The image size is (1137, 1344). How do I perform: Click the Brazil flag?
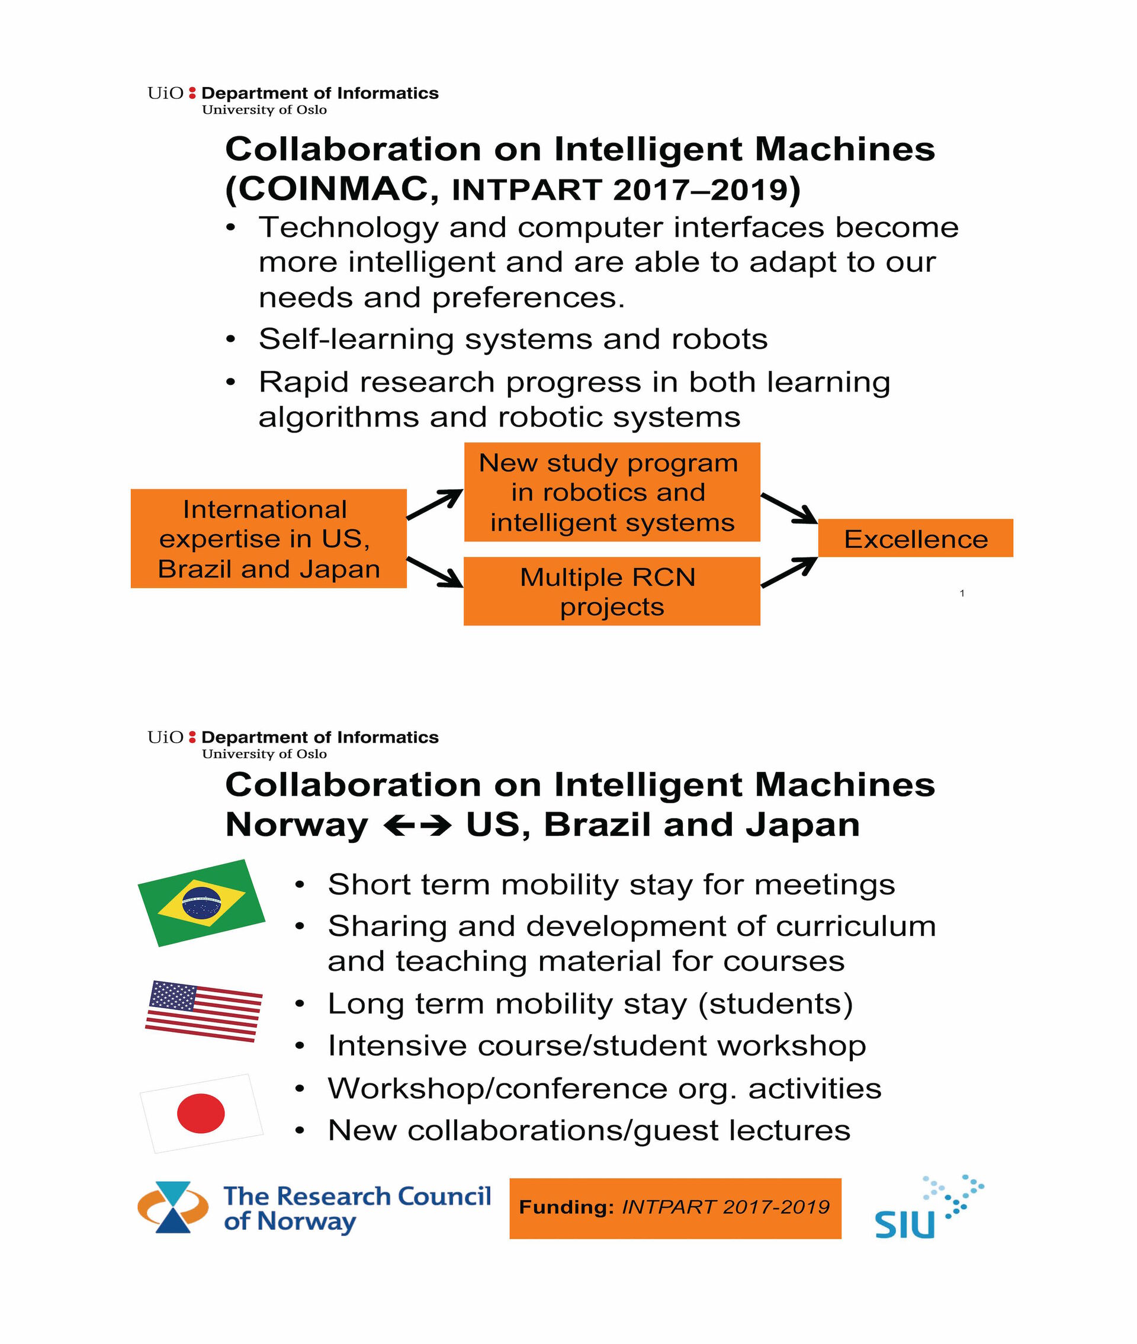202,903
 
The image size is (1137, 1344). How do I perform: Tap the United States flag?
204,1011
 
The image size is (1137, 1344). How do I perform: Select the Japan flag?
202,1113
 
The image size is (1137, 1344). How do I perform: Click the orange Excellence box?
916,538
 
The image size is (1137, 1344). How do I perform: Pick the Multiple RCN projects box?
612,591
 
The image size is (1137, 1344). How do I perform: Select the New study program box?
612,492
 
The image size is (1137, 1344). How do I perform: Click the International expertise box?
269,538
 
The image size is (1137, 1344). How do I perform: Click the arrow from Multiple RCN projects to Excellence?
789,572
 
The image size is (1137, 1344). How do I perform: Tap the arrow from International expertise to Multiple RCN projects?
435,572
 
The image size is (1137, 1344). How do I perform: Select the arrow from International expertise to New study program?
435,504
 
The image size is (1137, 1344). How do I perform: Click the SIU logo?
929,1207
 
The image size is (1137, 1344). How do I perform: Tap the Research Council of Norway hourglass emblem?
173,1207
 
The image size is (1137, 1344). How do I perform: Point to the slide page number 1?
962,593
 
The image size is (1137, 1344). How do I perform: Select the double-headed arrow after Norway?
417,825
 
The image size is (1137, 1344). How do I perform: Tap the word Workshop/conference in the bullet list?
497,1088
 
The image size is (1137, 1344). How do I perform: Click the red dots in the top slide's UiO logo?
191,93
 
